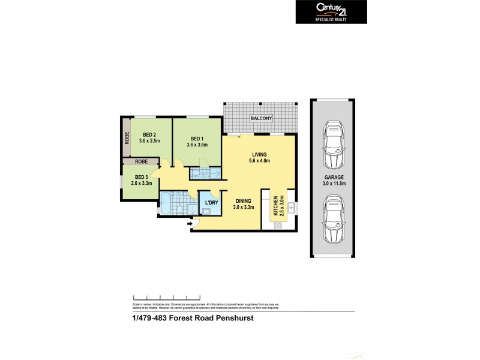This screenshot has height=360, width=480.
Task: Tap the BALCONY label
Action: (x=262, y=118)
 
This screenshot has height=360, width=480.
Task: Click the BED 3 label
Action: (x=141, y=177)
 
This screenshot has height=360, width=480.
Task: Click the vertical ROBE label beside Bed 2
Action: (x=127, y=139)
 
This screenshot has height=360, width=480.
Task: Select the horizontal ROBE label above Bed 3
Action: (x=142, y=162)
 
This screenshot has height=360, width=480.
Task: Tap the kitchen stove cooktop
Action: (x=278, y=226)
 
